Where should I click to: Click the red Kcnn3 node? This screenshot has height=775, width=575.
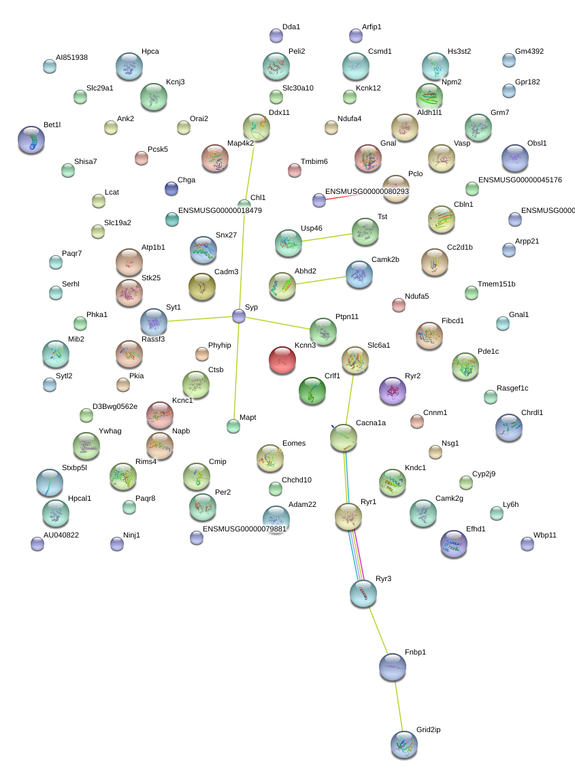282,360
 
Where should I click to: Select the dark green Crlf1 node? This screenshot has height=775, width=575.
312,391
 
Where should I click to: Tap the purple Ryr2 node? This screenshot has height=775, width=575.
393,391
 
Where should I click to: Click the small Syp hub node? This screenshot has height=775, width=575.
239,316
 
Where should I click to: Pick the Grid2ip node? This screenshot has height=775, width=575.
404,744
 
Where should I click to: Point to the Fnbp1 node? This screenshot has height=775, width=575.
393,667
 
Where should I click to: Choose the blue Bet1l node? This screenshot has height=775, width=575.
31,139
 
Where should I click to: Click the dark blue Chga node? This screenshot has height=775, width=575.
171,188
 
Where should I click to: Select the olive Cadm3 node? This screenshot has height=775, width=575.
202,286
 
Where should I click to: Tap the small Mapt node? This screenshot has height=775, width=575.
233,425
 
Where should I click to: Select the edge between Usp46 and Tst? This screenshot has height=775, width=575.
327,237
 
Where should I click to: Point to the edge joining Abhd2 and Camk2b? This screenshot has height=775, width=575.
321,280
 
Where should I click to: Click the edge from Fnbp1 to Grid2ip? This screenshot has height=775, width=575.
399,706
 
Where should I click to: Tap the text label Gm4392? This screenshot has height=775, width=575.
529,51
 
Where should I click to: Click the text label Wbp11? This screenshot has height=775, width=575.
545,535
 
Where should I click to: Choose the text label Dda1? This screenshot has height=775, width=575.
291,27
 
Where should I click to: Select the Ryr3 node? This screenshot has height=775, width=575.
363,594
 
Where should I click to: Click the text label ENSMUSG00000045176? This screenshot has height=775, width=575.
520,180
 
